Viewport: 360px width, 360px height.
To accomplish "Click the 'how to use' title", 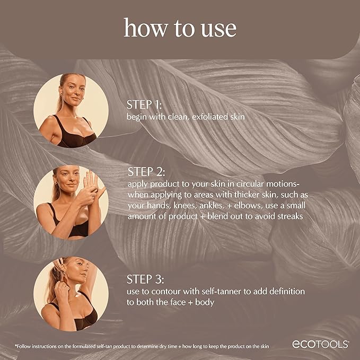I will pyautogui.click(x=180, y=28).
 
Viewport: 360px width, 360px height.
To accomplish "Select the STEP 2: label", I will pyautogui.click(x=146, y=172).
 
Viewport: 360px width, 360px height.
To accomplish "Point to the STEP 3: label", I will pyautogui.click(x=146, y=280).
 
